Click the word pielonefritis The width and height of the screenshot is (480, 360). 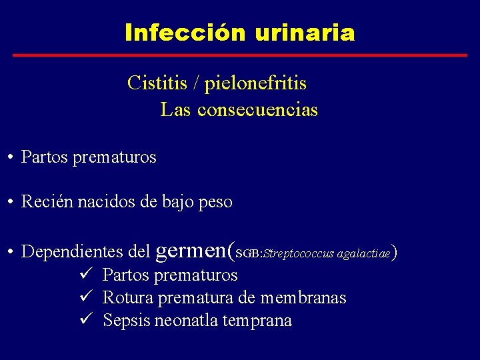click(x=255, y=84)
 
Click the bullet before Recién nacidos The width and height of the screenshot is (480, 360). click(x=11, y=202)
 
